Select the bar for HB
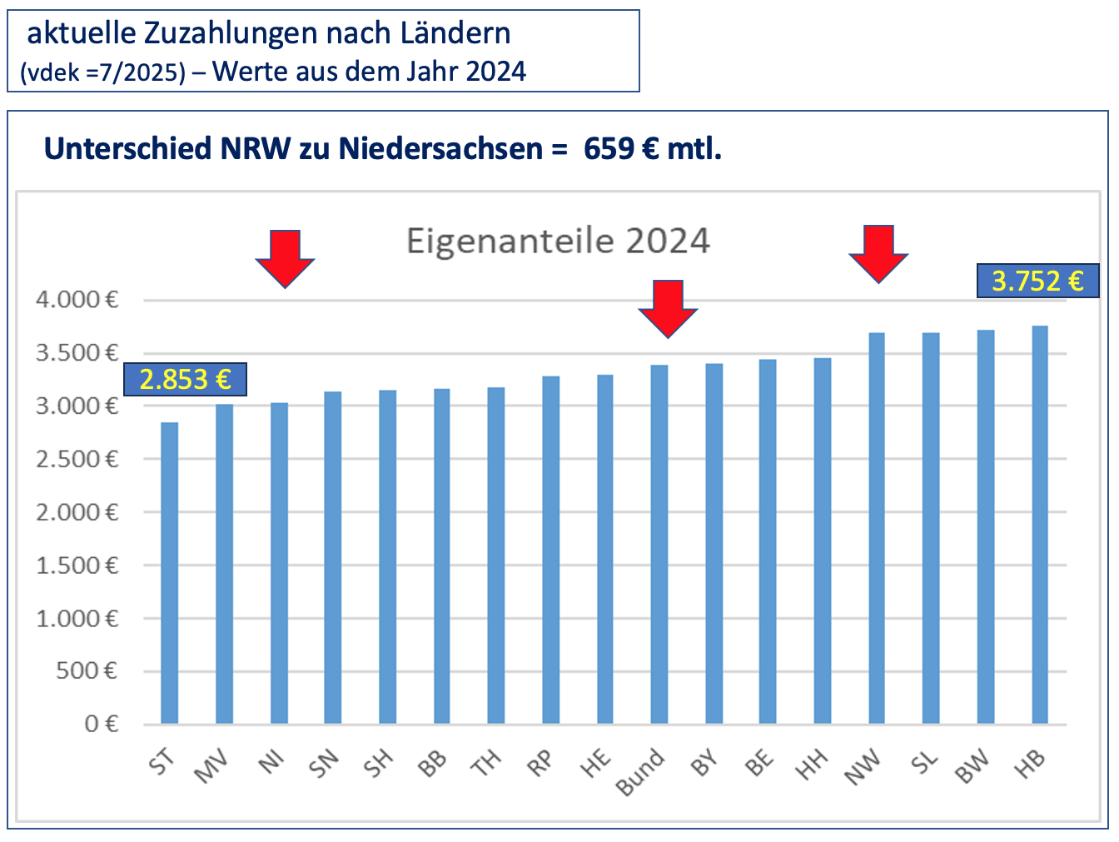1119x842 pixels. click(1040, 525)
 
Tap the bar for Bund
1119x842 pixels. click(659, 545)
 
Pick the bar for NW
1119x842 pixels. click(877, 528)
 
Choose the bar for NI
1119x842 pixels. click(279, 563)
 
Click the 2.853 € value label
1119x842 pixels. click(185, 380)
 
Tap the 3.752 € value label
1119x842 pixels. click(1037, 281)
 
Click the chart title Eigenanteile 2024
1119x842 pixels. click(558, 242)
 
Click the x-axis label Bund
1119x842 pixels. click(640, 773)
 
